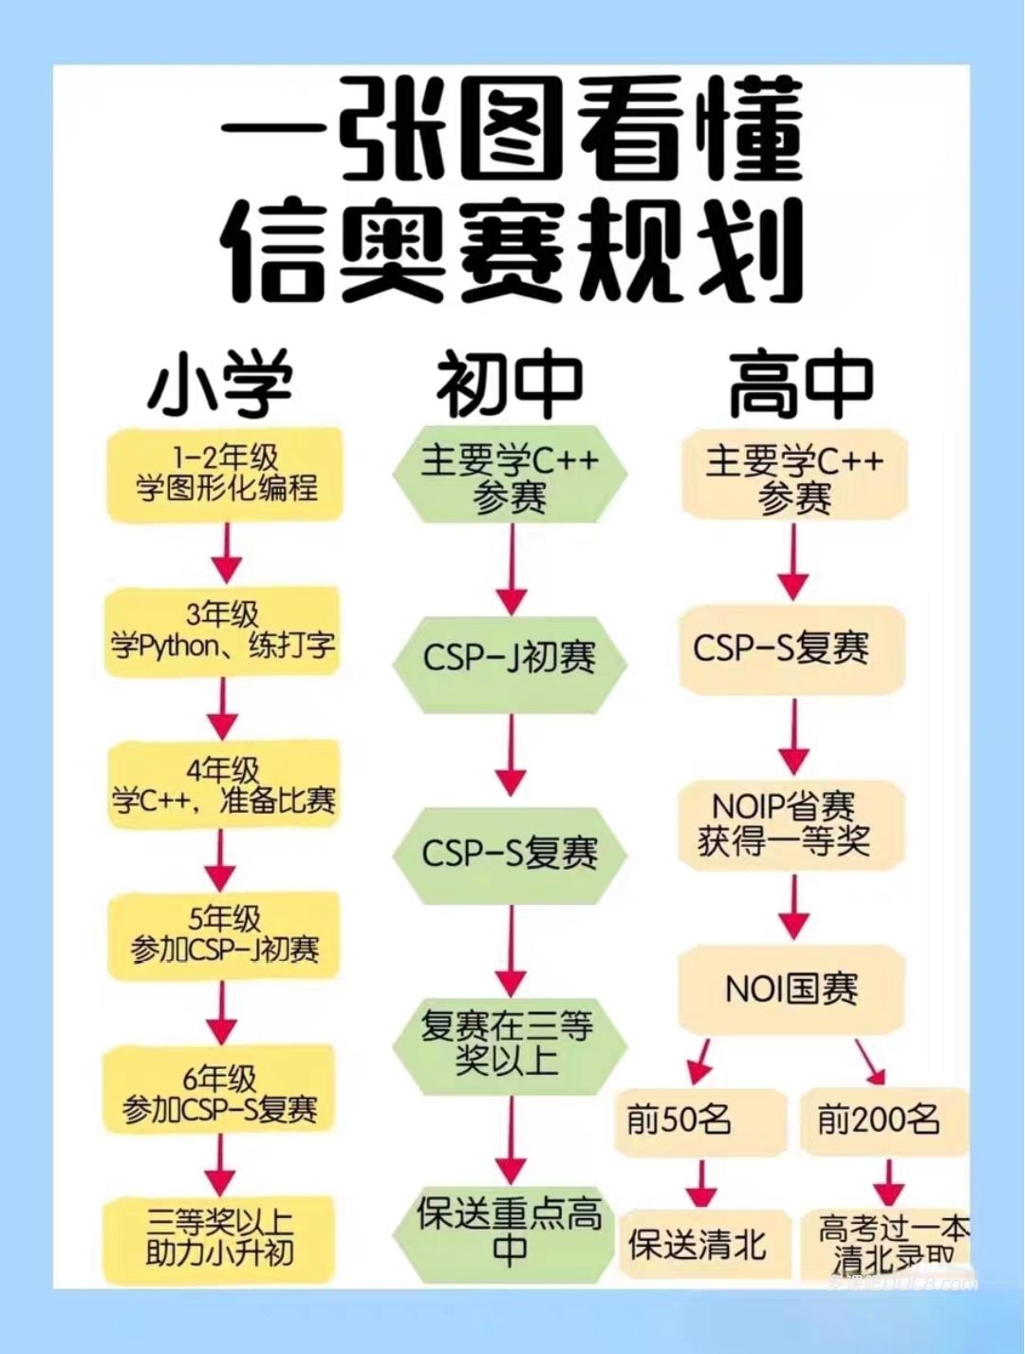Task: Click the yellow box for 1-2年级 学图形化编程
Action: tap(225, 473)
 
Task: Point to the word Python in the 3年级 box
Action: tap(178, 648)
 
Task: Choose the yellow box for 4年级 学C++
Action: tap(223, 784)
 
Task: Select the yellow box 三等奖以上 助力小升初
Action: tap(220, 1236)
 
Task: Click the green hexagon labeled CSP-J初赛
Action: tap(510, 658)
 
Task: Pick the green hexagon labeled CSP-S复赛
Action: tap(510, 852)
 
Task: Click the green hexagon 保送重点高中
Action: tap(510, 1232)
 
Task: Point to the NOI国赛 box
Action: tap(791, 990)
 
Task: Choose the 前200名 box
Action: tap(879, 1120)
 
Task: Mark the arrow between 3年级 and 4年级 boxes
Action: tap(224, 708)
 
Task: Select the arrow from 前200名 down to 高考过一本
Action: tap(888, 1182)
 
